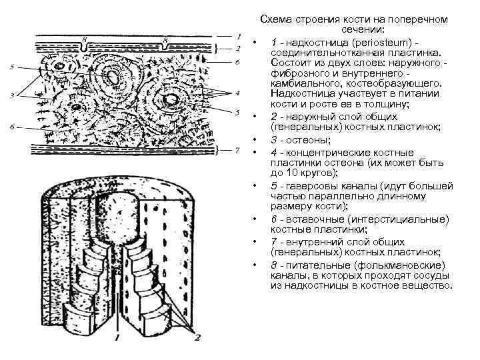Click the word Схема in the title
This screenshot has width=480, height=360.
tap(275, 20)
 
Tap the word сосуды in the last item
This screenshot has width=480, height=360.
tap(435, 275)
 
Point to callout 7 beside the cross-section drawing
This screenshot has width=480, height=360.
tap(237, 150)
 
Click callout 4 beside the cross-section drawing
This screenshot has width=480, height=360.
tap(237, 92)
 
